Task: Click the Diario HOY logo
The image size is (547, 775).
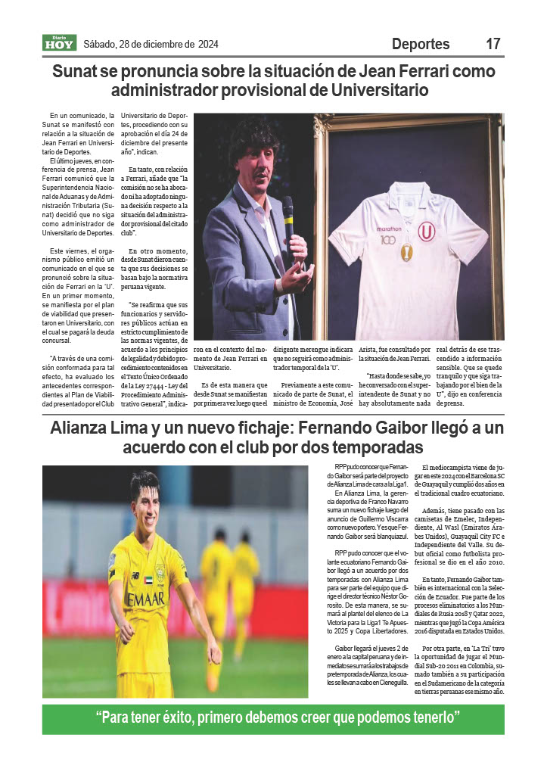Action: (58, 44)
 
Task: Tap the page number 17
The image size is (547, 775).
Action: (493, 44)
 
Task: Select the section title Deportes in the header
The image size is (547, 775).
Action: (421, 44)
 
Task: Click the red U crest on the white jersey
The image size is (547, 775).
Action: (428, 230)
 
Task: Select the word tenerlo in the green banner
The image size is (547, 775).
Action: (427, 717)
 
